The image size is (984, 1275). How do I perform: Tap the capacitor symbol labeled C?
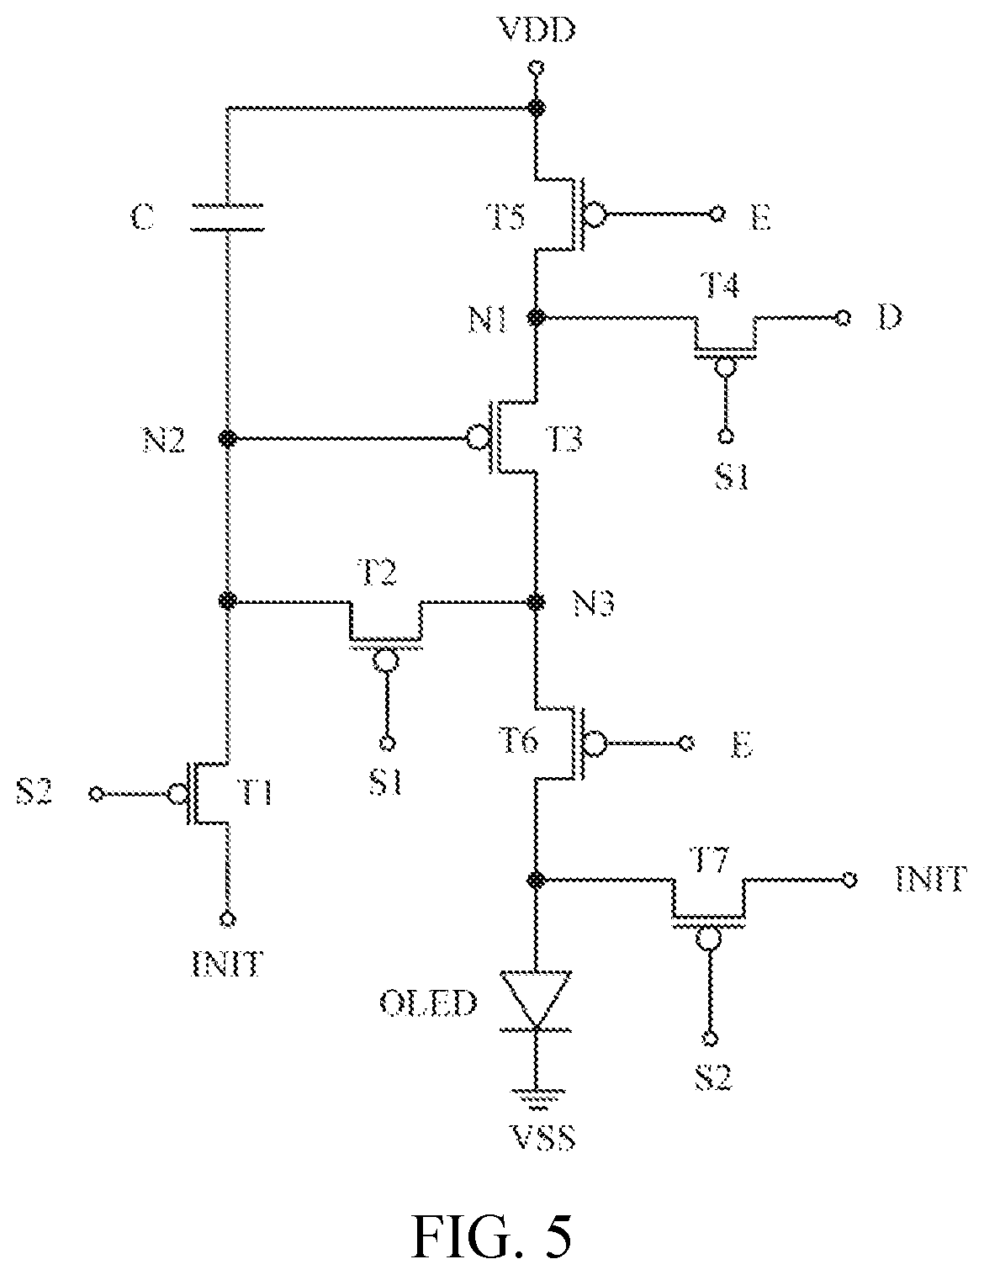click(x=228, y=217)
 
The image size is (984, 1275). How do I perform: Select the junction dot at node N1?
click(x=536, y=317)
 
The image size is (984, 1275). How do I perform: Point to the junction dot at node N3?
click(x=536, y=601)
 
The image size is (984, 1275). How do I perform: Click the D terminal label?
click(x=890, y=317)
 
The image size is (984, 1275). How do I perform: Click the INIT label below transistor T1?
click(x=227, y=964)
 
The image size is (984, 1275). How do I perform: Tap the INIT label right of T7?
click(x=931, y=880)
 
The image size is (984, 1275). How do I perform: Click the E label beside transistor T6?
click(x=743, y=745)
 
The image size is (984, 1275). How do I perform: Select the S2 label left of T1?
click(x=35, y=793)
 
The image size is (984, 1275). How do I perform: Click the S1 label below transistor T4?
click(x=732, y=477)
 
